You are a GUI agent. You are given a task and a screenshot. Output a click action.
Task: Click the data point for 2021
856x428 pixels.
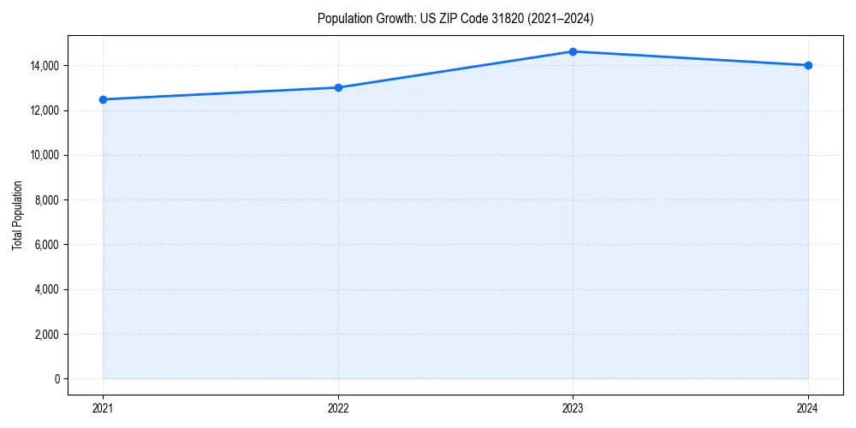pyautogui.click(x=103, y=99)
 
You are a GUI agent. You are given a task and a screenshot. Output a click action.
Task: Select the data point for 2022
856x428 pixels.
pyautogui.click(x=338, y=87)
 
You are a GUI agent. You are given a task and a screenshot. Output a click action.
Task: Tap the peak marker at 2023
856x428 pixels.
pyautogui.click(x=573, y=51)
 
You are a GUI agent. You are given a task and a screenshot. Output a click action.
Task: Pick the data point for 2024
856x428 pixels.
pyautogui.click(x=808, y=65)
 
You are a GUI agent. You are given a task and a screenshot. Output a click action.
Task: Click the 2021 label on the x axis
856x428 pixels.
pyautogui.click(x=103, y=407)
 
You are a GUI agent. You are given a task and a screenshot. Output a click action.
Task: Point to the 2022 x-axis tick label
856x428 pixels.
pyautogui.click(x=338, y=407)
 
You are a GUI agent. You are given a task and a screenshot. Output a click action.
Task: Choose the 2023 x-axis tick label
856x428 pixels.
pyautogui.click(x=573, y=407)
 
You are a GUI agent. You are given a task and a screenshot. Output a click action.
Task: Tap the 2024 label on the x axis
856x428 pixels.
pyautogui.click(x=808, y=407)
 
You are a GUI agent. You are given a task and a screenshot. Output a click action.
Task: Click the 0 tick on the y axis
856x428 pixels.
pyautogui.click(x=56, y=379)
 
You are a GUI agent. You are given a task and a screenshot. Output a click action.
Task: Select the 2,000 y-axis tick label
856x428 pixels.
pyautogui.click(x=47, y=335)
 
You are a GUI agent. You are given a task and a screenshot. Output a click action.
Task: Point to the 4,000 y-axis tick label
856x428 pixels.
pyautogui.click(x=47, y=289)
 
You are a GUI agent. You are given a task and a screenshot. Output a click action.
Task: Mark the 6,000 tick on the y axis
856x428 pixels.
pyautogui.click(x=47, y=245)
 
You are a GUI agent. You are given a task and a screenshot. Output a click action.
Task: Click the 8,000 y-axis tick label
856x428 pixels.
pyautogui.click(x=47, y=200)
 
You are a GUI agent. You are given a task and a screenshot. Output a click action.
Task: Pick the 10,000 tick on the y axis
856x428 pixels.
pyautogui.click(x=45, y=156)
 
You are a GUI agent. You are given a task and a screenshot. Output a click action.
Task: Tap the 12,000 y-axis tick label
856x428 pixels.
pyautogui.click(x=45, y=110)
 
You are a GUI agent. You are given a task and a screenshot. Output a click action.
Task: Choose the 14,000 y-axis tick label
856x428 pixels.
pyautogui.click(x=45, y=66)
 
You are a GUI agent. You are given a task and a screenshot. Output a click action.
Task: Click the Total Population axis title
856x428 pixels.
pyautogui.click(x=17, y=215)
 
